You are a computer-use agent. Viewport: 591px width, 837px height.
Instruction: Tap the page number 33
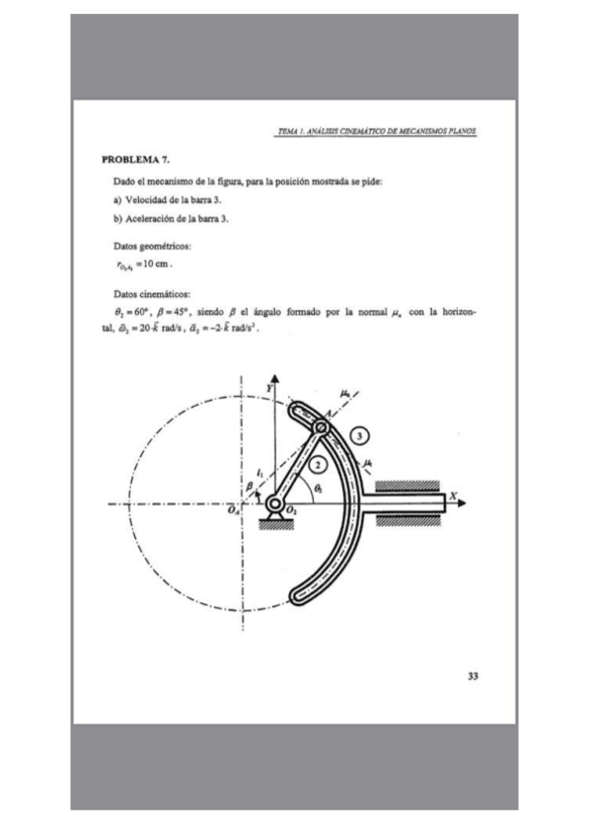click(473, 675)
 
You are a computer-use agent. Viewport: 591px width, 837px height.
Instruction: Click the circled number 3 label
click(362, 435)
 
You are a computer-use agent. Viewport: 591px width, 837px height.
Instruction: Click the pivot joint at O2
click(273, 504)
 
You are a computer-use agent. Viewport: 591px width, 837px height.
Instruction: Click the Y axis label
click(267, 391)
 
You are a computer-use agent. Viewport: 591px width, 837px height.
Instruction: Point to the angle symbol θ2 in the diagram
click(316, 489)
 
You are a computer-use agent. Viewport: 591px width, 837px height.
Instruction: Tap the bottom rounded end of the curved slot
click(299, 594)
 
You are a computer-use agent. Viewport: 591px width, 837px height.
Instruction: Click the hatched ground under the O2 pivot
click(273, 524)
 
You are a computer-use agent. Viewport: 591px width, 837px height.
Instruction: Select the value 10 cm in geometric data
click(158, 265)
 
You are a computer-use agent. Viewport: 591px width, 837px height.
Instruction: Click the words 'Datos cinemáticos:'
click(152, 293)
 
